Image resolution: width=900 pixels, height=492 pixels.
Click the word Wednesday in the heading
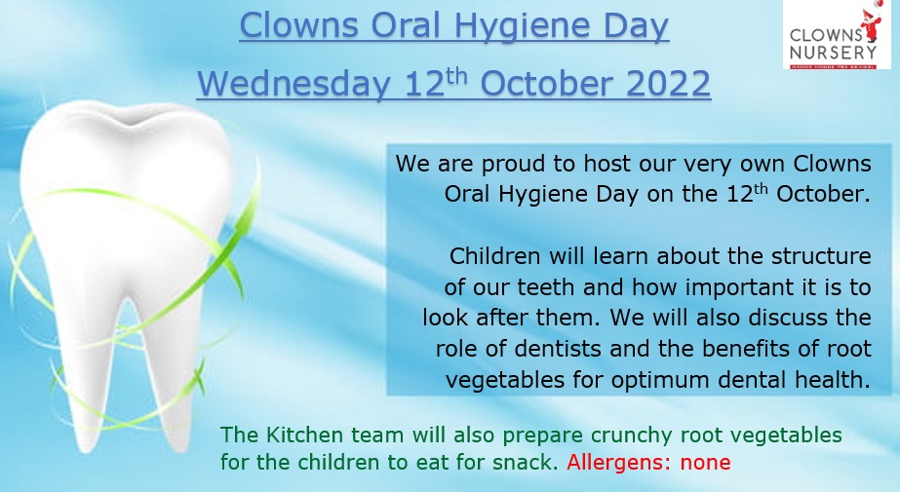pyautogui.click(x=293, y=84)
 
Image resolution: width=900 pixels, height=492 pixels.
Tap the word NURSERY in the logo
pyautogui.click(x=834, y=53)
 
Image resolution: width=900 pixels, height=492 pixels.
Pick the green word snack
pyautogui.click(x=526, y=462)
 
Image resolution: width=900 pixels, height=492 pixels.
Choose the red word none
pyautogui.click(x=705, y=463)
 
